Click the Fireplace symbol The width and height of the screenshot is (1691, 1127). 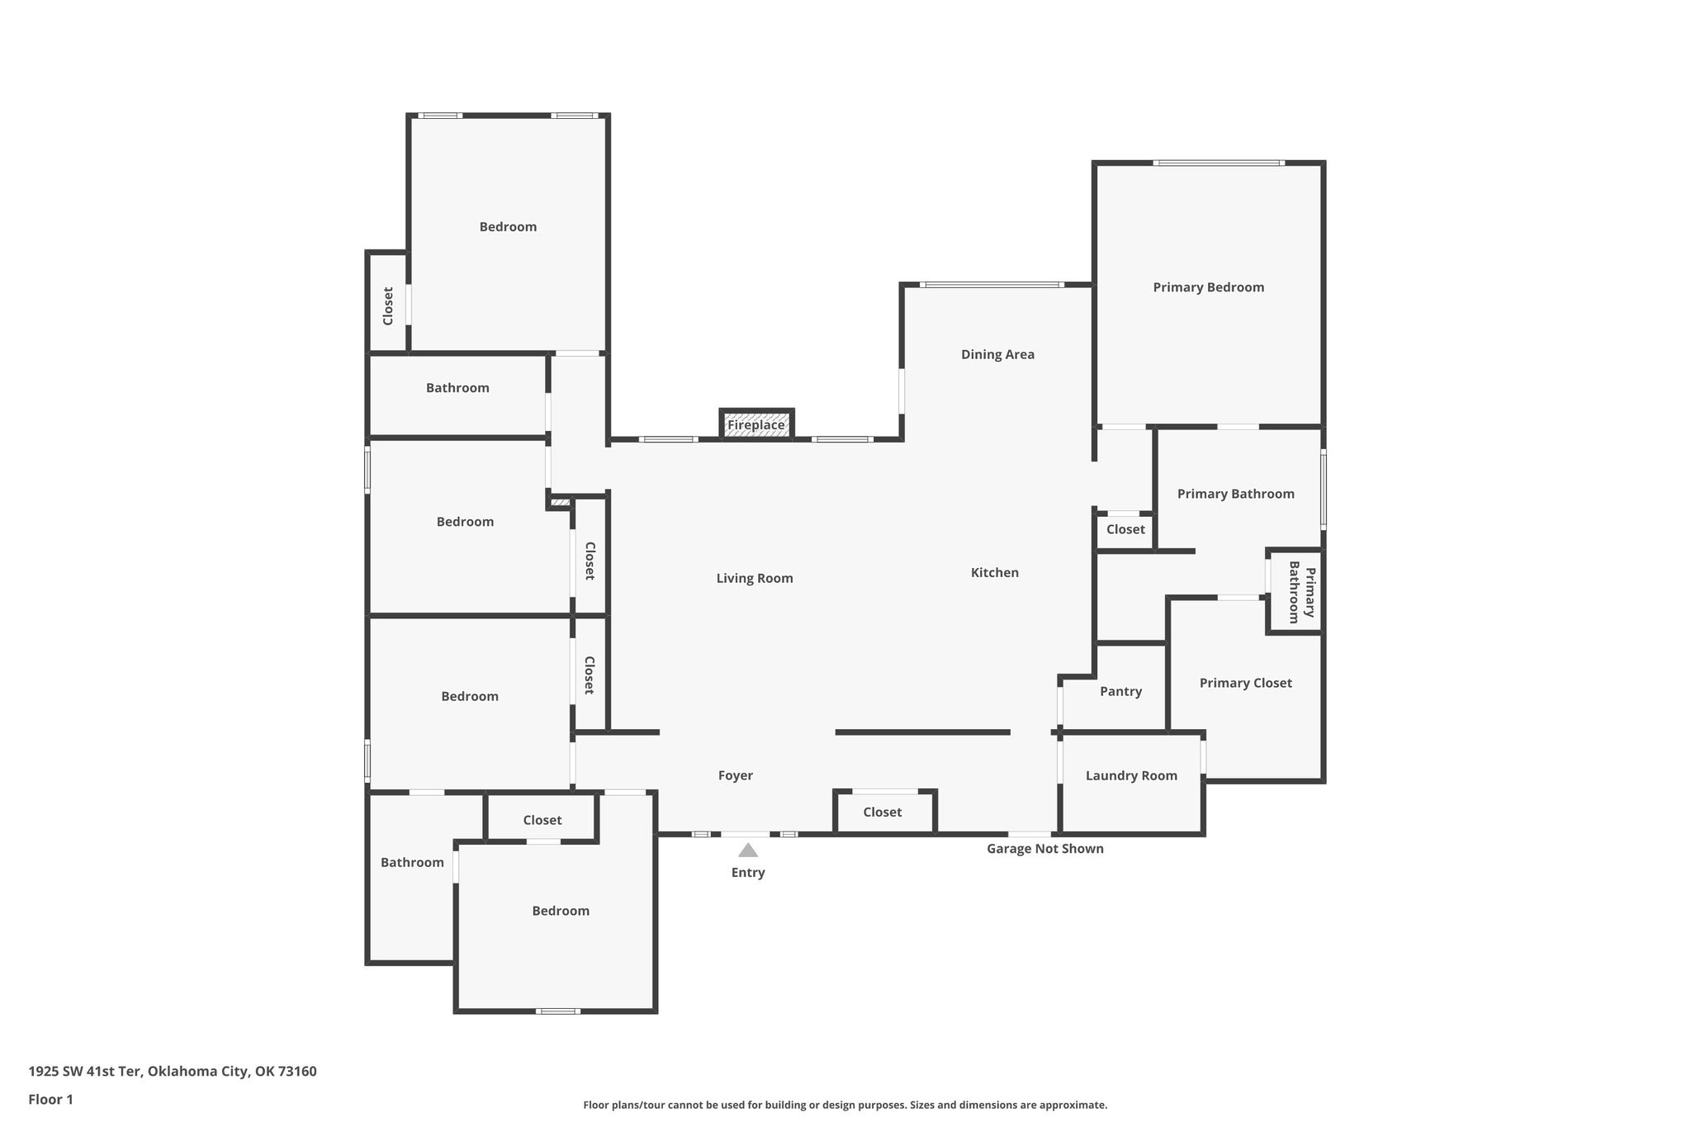pos(756,424)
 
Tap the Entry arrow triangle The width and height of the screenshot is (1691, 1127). pos(748,850)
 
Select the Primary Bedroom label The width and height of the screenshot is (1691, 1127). pos(1209,287)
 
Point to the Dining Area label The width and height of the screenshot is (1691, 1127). pos(997,354)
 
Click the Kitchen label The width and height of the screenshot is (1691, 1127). pos(995,572)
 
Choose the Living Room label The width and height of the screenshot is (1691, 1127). pos(755,578)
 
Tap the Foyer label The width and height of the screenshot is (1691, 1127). pos(736,775)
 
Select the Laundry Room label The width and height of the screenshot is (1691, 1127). pos(1131,775)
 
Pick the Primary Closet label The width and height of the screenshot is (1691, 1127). pos(1246,683)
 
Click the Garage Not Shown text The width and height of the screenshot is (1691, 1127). pos(1045,848)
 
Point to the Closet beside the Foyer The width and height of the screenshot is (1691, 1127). pos(884,812)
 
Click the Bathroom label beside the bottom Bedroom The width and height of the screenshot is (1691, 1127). pos(412,862)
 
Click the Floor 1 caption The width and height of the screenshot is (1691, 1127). pos(50,1100)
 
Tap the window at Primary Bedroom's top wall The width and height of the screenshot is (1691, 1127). pos(1219,163)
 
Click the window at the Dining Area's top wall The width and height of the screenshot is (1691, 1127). pos(992,285)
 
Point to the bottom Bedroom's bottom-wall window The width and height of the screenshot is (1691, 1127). pos(558,1011)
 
